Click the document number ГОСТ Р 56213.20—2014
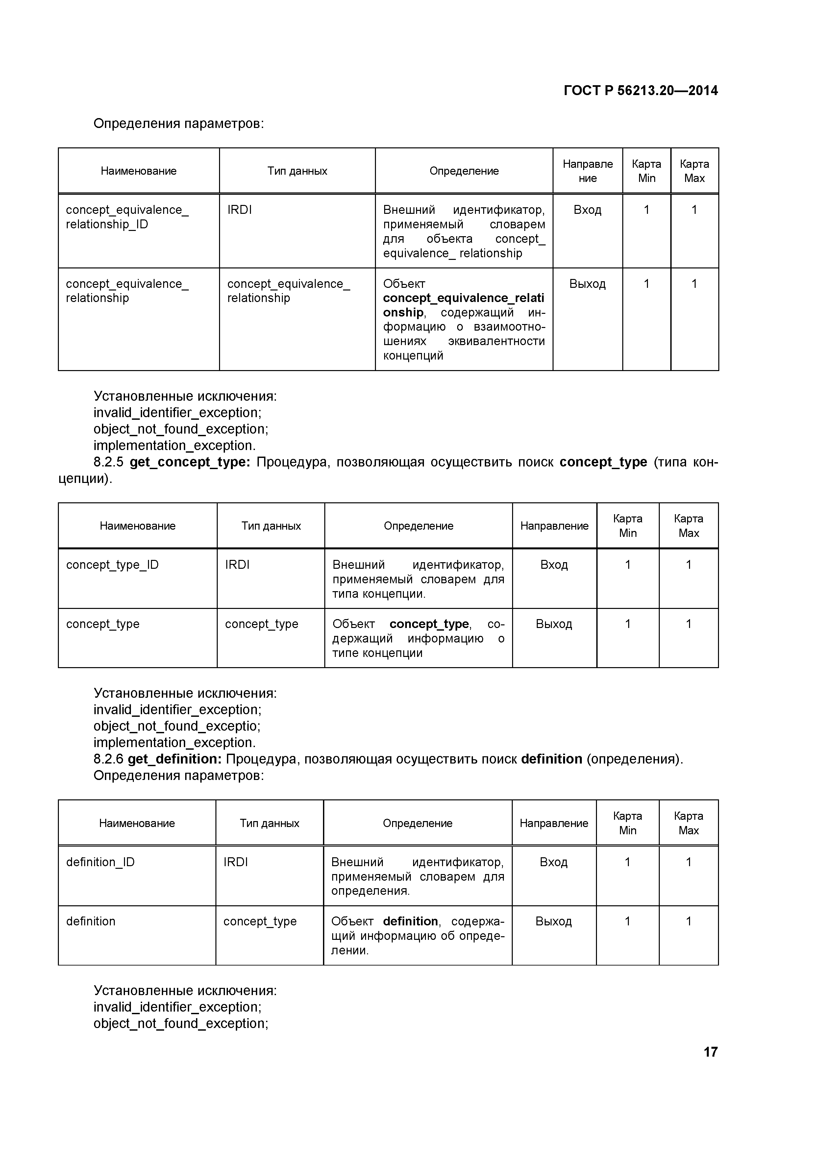[x=641, y=90]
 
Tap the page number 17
[x=710, y=1051]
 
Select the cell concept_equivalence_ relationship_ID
[x=127, y=217]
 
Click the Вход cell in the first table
[x=587, y=210]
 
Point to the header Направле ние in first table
[x=587, y=171]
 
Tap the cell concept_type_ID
[x=112, y=565]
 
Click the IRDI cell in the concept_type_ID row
[x=237, y=565]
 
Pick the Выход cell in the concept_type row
[x=554, y=624]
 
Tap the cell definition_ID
[x=101, y=863]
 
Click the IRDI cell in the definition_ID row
[x=235, y=863]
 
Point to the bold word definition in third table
[x=410, y=921]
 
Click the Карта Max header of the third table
[x=688, y=823]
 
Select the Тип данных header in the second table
[x=271, y=526]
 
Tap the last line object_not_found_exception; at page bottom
[x=181, y=1023]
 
